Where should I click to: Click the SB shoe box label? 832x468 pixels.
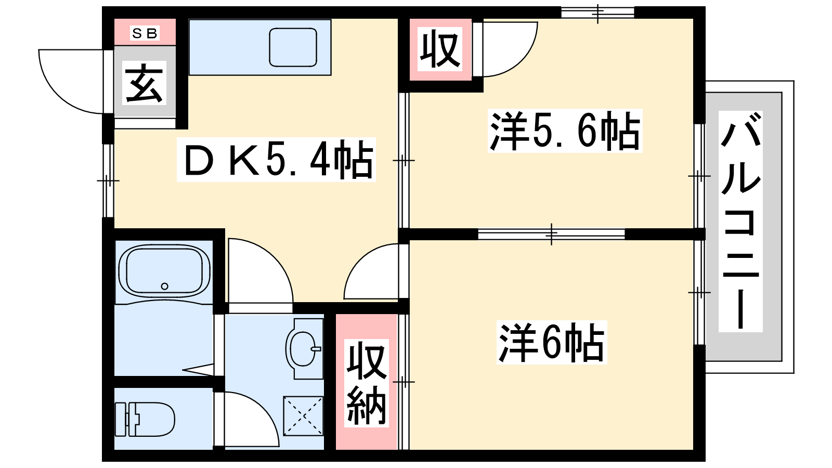[x=145, y=33]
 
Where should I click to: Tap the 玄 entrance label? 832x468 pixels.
[x=144, y=83]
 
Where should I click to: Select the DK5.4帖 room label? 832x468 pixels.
[x=276, y=160]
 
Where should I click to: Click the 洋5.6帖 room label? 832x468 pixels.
[x=565, y=131]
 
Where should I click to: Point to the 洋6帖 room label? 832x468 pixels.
[x=552, y=343]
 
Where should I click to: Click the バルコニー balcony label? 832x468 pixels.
[x=740, y=222]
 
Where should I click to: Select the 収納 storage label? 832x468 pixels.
[x=366, y=383]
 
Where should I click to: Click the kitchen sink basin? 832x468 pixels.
[x=293, y=47]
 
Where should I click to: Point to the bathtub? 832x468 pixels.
[x=164, y=270]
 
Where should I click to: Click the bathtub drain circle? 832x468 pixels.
[x=164, y=287]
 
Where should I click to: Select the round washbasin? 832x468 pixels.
[x=302, y=349]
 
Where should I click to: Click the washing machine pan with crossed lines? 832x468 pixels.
[x=303, y=416]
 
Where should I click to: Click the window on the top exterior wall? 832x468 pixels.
[x=597, y=13]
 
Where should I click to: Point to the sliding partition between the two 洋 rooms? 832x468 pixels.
[x=551, y=234]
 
